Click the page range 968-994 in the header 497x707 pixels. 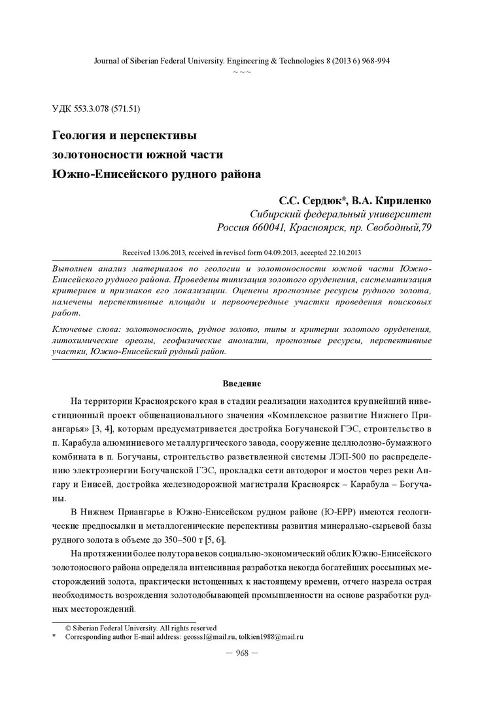pos(374,60)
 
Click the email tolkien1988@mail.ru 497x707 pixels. pos(275,636)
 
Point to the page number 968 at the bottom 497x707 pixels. pos(241,655)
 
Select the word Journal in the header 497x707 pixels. pos(109,60)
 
